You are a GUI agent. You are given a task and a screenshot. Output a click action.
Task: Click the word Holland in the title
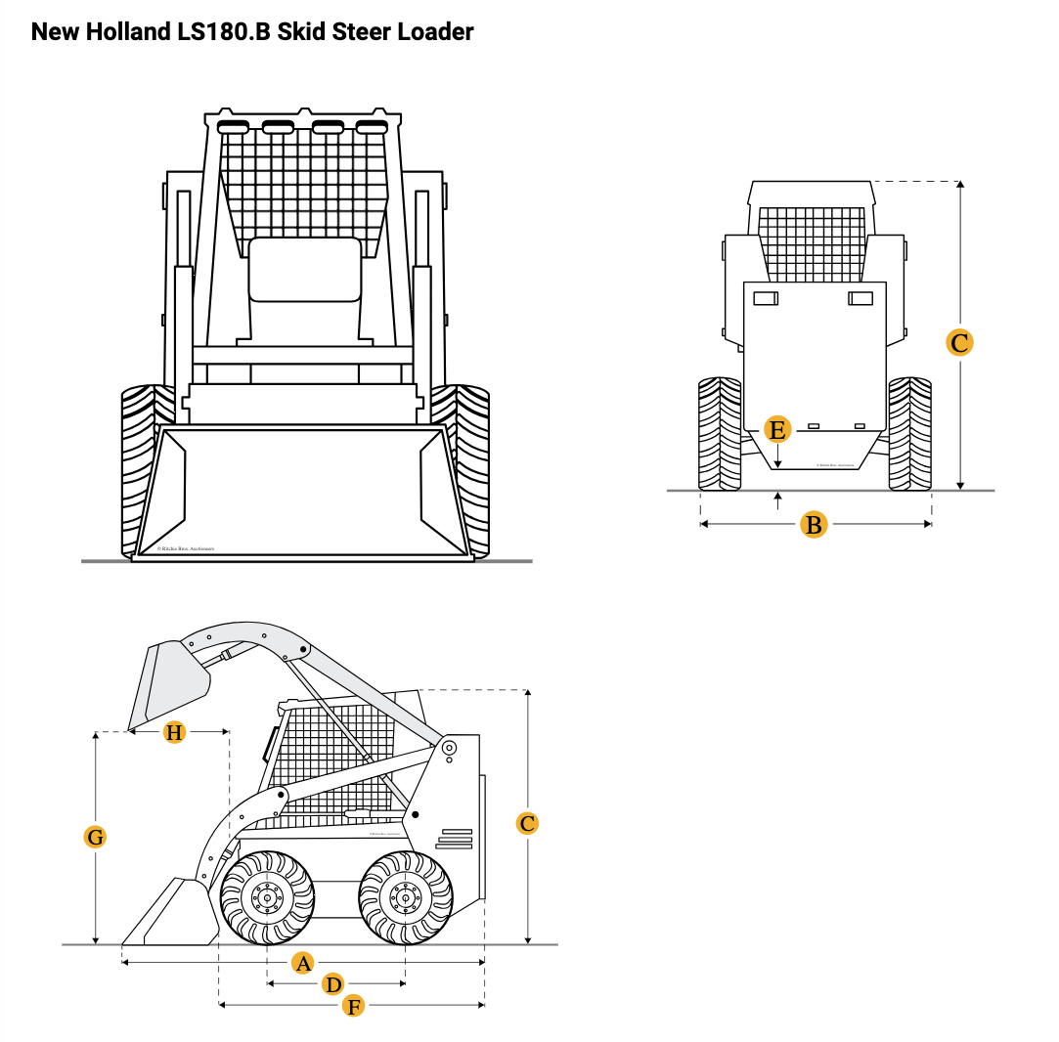126,32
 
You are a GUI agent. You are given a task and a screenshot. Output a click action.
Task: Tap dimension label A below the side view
303,963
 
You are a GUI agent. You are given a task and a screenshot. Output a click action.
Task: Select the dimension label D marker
334,984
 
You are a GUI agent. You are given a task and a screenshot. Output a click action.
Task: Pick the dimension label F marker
354,1006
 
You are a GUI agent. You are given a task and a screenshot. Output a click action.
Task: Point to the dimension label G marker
95,837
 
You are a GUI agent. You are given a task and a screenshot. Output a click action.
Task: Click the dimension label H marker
174,732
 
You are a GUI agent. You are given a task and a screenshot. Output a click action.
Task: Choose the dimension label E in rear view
777,429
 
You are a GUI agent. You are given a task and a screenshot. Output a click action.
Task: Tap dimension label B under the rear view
814,525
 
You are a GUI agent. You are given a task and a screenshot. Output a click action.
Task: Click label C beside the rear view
960,343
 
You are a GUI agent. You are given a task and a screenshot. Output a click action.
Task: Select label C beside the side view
527,823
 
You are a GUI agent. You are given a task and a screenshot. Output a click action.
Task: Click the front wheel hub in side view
267,897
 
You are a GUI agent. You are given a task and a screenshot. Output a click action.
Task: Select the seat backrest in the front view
304,269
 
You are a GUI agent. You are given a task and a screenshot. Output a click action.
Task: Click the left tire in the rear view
720,433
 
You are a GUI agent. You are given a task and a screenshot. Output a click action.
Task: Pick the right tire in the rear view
909,433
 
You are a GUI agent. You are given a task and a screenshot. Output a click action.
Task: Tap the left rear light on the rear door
766,298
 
